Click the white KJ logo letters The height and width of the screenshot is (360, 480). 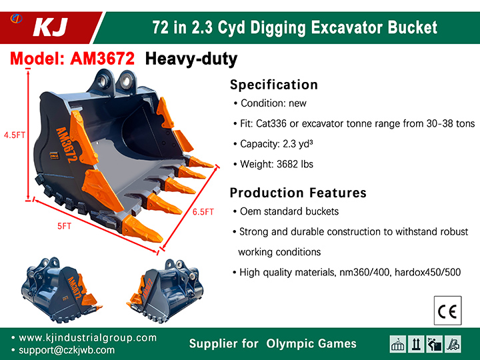point(51,27)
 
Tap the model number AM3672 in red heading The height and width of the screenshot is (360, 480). point(102,58)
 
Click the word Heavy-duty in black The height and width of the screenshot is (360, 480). point(191,59)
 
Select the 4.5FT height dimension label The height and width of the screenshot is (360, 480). point(15,135)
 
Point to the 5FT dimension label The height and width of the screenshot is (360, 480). point(64,226)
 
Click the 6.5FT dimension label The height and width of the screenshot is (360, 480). point(203,212)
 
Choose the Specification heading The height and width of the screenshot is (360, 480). point(274,85)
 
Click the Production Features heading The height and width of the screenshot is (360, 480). point(298,193)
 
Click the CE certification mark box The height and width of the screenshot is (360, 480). point(447,311)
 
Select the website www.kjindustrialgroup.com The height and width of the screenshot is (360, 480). point(87,337)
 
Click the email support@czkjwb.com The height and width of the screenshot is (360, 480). point(67,350)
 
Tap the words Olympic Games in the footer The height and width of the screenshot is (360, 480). point(311,343)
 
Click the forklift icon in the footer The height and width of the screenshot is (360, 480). point(453,344)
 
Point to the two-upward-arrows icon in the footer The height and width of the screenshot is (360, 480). point(416,344)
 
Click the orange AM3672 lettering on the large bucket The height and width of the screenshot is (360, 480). point(67,145)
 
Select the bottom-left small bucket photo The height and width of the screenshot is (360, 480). point(61,289)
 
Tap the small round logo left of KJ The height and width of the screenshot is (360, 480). point(16,19)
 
